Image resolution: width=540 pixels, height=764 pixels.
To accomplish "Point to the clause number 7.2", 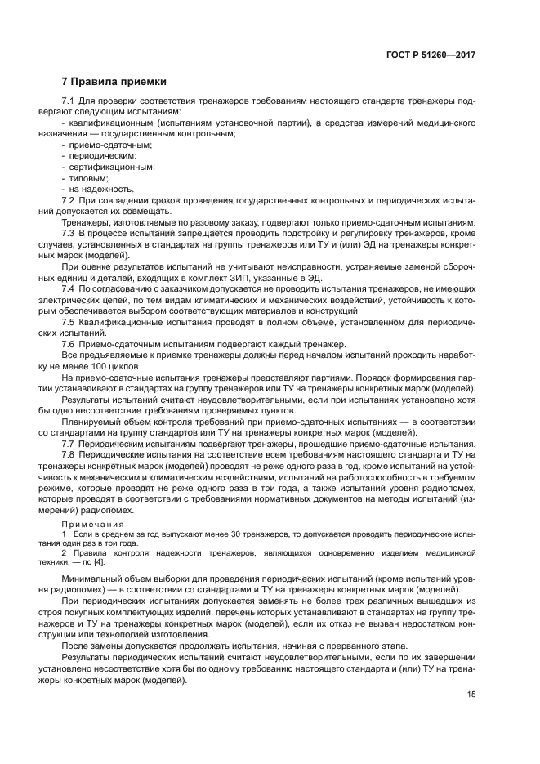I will coord(69,200).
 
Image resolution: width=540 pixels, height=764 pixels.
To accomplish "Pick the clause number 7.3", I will coord(69,234).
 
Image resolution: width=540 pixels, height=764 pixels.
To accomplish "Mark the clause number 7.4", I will coord(69,289).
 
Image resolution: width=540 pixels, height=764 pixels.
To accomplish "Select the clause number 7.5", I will coord(69,323).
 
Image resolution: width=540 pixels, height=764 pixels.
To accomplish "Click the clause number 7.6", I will coord(69,344).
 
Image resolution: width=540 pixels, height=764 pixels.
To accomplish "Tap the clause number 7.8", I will coord(69,454).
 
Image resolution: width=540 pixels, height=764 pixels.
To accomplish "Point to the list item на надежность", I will coord(95,189).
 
